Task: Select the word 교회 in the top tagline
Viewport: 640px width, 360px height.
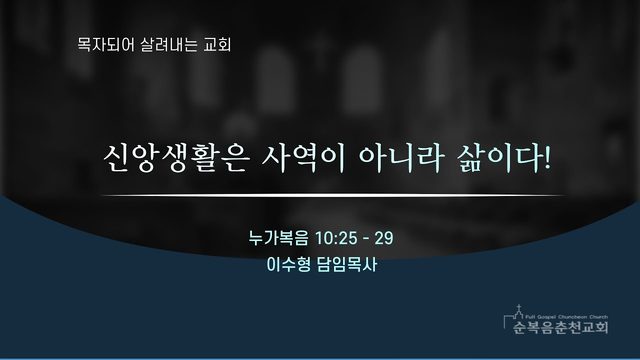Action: (x=218, y=44)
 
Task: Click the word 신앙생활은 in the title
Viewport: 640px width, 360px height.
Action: (x=176, y=158)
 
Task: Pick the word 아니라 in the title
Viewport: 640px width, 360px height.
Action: (x=401, y=158)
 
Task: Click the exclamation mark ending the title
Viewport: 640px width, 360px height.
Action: (x=547, y=158)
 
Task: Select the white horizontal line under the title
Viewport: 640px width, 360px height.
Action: (x=333, y=196)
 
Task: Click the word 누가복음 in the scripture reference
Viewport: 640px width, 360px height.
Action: (x=279, y=238)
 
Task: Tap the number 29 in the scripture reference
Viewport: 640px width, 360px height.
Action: (x=384, y=238)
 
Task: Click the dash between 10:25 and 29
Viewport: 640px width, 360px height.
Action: (x=366, y=239)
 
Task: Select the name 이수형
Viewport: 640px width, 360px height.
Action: (x=289, y=264)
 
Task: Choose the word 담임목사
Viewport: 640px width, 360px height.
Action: (x=347, y=264)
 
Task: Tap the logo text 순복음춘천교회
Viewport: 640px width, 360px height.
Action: (x=560, y=327)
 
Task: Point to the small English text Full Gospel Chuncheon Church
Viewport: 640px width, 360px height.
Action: (x=567, y=317)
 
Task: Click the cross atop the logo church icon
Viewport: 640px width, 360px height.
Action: (x=519, y=307)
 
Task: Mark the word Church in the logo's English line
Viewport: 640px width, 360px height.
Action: (x=599, y=317)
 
